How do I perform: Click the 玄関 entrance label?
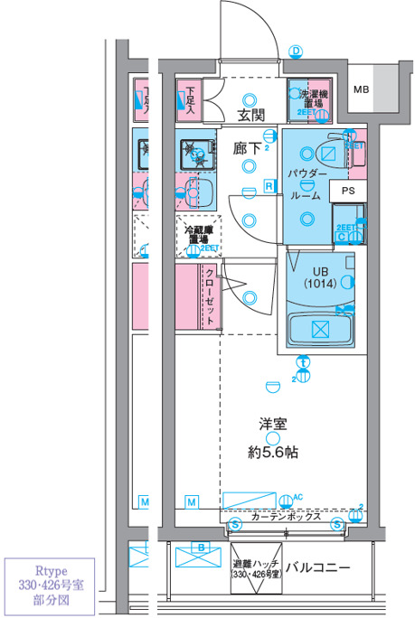click(251, 116)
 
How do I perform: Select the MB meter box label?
click(362, 89)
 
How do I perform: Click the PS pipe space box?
click(348, 192)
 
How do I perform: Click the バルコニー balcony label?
click(317, 567)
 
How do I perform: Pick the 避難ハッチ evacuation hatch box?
click(256, 567)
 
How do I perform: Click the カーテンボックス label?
click(286, 518)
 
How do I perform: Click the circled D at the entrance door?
click(295, 51)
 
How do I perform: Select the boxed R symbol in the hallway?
click(269, 186)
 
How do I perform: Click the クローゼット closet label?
click(210, 295)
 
